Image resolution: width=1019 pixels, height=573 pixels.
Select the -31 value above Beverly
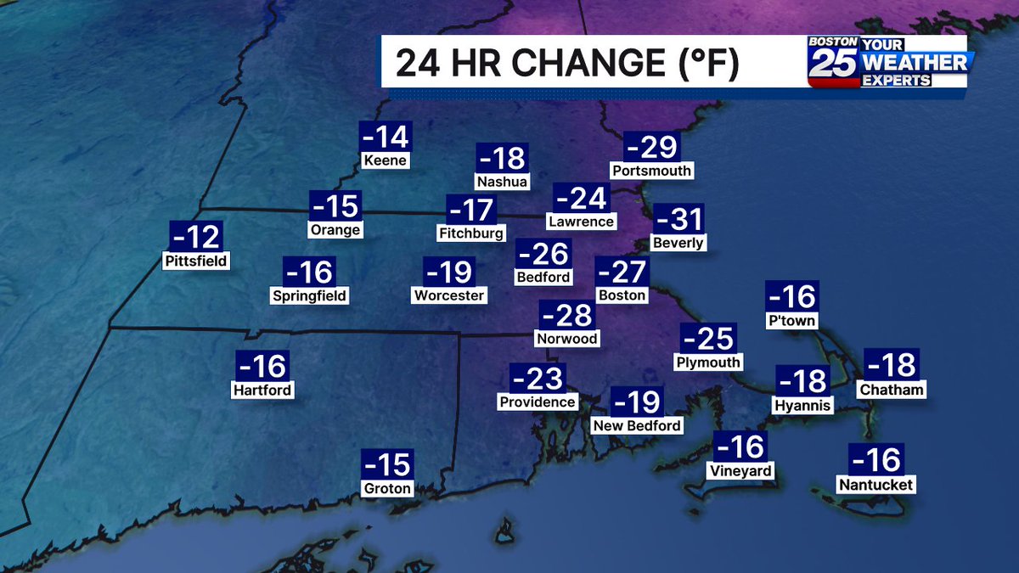[x=679, y=220]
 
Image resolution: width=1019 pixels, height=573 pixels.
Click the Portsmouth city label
[x=652, y=171]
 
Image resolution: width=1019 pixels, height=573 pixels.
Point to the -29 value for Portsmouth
[x=652, y=148]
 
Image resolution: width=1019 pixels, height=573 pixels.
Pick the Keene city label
[x=386, y=160]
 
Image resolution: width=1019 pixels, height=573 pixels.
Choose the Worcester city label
[x=449, y=295]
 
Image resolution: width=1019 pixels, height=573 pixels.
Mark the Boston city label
[x=622, y=295]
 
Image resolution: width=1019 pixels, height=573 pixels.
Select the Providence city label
[x=538, y=402]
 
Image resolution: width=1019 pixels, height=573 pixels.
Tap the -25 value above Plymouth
[x=708, y=339]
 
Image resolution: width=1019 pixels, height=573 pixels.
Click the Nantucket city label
[x=875, y=485]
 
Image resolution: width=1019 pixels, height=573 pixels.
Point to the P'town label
[x=791, y=321]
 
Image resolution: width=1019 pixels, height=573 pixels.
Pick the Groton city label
[x=387, y=488]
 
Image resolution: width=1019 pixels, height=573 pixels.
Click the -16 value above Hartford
[x=262, y=366]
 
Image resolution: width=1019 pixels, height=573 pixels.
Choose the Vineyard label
[x=740, y=470]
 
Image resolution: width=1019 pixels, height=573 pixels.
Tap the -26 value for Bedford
[x=543, y=253]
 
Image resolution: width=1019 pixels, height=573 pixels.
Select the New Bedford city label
[x=637, y=425]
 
